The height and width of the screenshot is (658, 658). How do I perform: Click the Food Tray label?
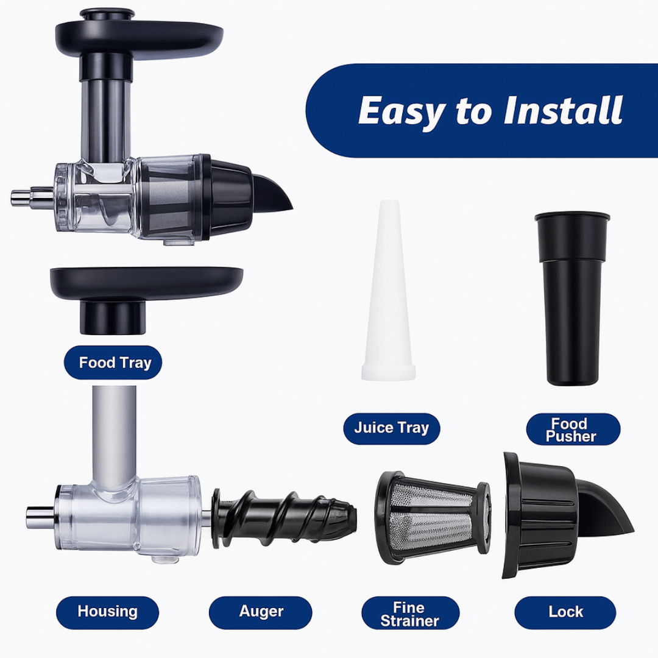pos(115,363)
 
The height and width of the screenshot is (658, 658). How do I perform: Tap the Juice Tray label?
pos(391,428)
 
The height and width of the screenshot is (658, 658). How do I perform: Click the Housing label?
pos(107,612)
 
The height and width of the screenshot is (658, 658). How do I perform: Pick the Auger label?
pos(261,612)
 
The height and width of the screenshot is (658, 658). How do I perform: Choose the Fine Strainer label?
pos(409,614)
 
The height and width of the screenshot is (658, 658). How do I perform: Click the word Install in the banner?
pos(563,111)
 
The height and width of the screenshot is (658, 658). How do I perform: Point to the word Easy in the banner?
pos(403,111)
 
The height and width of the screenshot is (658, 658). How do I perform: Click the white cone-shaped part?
pos(388,292)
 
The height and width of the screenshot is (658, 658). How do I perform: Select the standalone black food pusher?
pos(571,299)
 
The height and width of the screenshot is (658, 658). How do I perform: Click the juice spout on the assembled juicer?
pos(274,192)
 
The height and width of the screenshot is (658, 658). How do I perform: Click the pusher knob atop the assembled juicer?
pos(107,13)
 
